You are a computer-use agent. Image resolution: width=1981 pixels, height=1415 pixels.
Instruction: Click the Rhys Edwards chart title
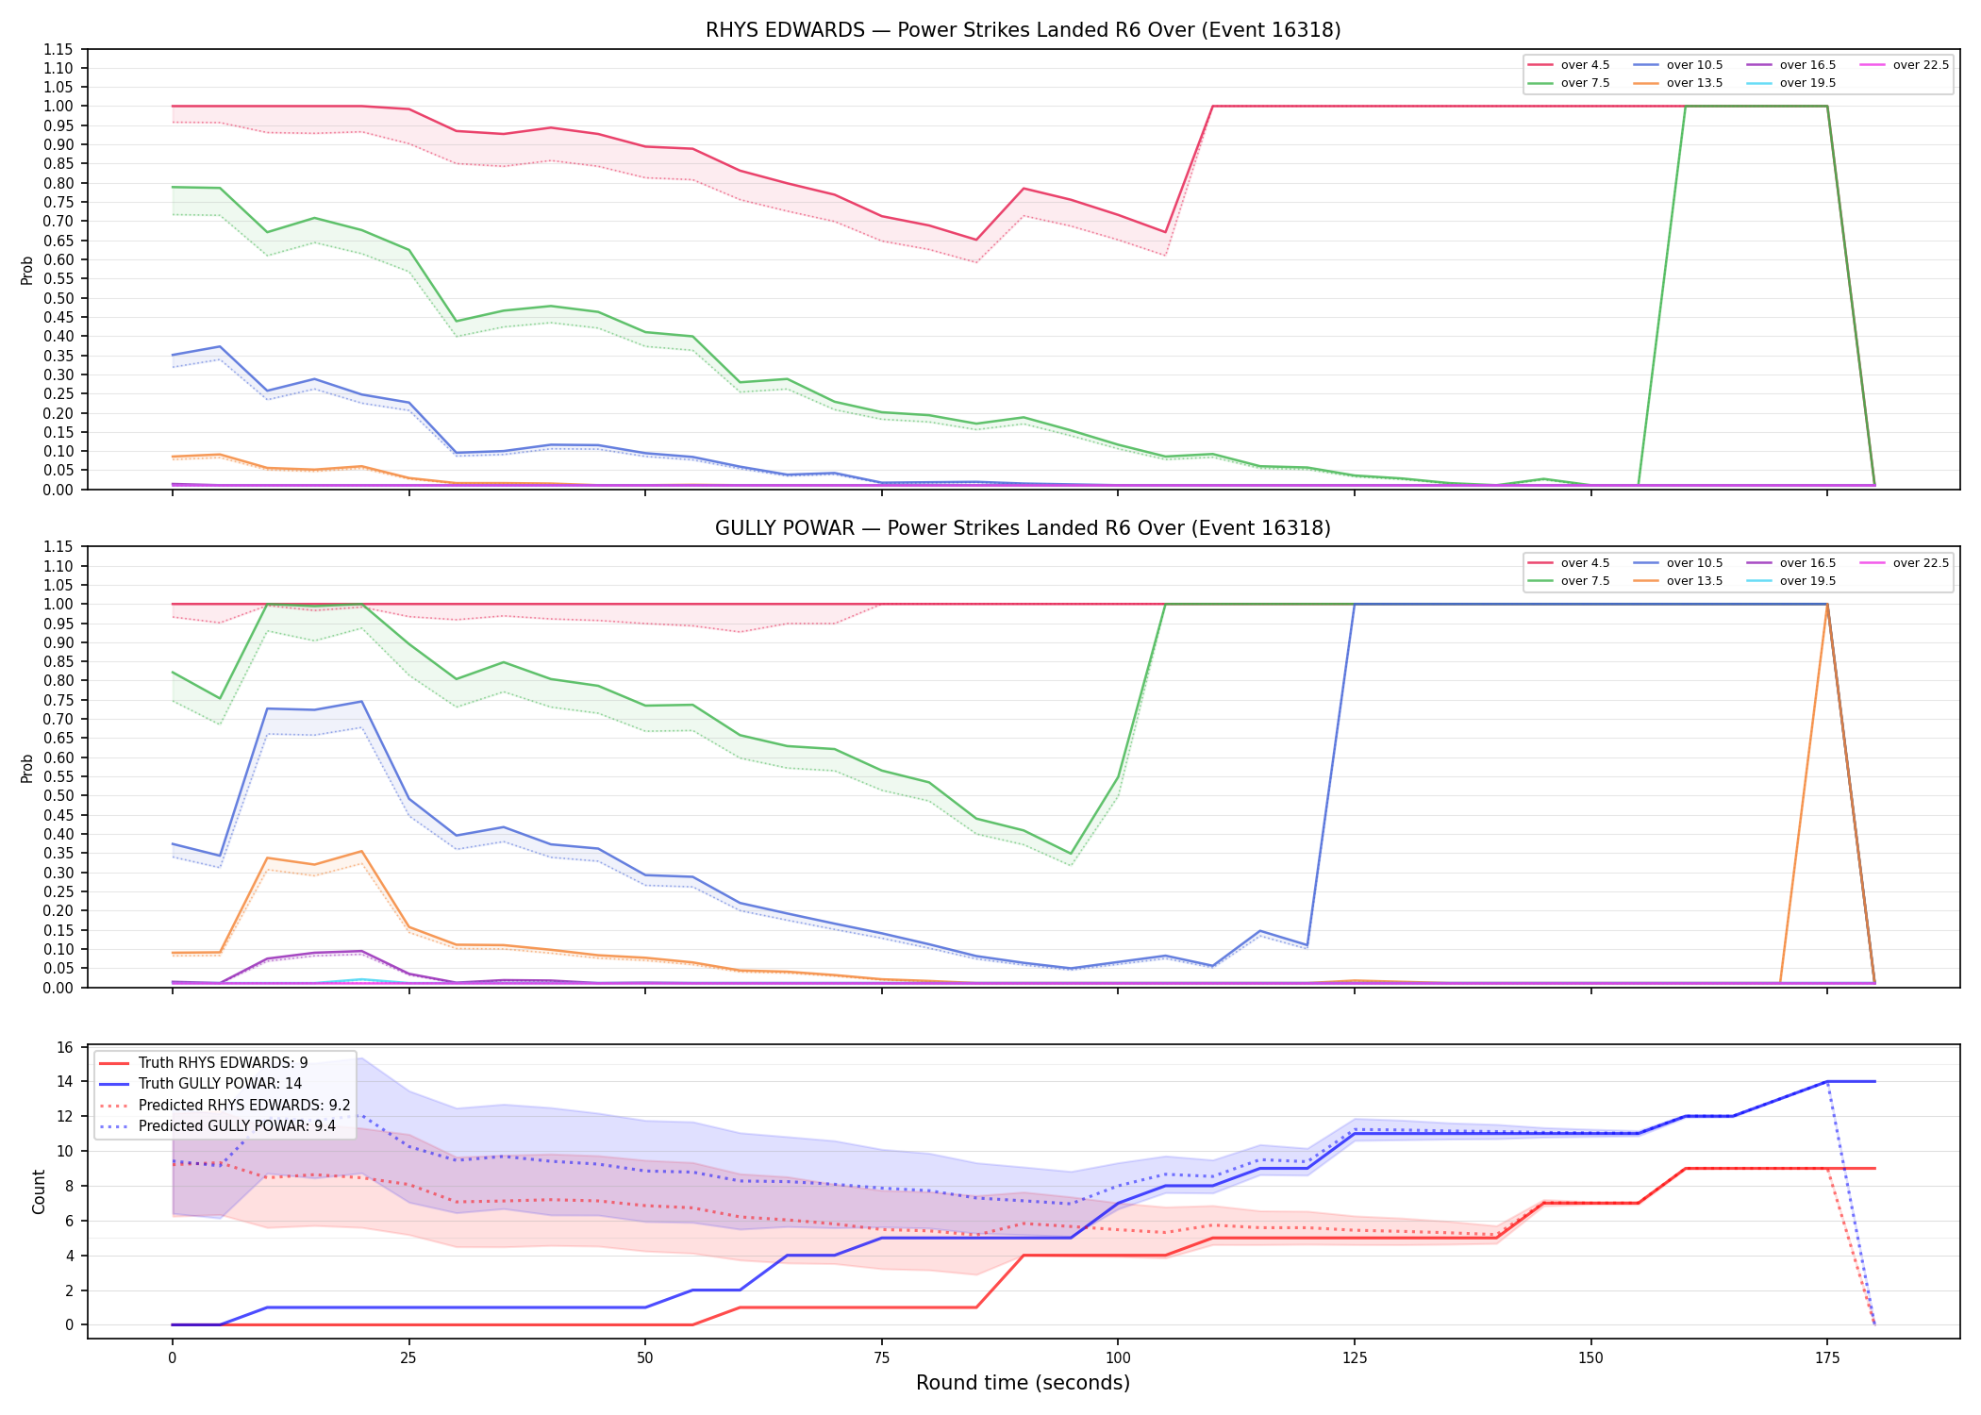tap(1023, 30)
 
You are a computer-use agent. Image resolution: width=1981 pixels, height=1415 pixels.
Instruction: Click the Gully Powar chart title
tap(1023, 528)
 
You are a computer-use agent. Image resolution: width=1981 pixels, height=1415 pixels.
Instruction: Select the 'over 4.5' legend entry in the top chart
tap(1569, 65)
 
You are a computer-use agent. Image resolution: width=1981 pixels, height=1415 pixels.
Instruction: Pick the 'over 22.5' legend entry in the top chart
tap(1905, 65)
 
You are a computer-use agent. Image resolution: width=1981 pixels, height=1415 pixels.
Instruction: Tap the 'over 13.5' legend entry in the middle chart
tap(1678, 581)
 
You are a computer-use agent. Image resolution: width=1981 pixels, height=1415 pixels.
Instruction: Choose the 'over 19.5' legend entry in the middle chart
tap(1791, 581)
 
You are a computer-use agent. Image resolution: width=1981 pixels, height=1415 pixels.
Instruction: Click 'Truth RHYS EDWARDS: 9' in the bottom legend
tap(204, 1063)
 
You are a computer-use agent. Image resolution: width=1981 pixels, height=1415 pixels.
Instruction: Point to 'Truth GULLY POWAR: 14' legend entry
tap(201, 1084)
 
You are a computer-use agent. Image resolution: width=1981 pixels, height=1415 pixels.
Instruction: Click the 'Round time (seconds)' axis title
tap(1023, 1383)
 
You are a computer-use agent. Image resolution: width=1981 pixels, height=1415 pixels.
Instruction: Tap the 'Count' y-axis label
tap(39, 1191)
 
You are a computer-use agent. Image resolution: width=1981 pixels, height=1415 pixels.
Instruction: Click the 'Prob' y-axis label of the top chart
tap(27, 270)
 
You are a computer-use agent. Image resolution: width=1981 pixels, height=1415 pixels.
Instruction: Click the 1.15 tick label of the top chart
tap(58, 49)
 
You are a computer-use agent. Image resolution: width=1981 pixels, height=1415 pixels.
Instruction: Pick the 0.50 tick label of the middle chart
tap(58, 796)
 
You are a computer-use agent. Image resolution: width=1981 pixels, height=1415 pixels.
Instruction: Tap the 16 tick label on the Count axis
tap(65, 1047)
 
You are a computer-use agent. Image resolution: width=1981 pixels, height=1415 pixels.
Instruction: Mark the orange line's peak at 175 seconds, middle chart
tap(1827, 605)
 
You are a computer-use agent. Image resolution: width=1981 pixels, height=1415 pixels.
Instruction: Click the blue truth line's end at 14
tap(1874, 1081)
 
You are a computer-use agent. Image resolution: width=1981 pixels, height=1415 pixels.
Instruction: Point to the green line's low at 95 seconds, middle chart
tap(1070, 854)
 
